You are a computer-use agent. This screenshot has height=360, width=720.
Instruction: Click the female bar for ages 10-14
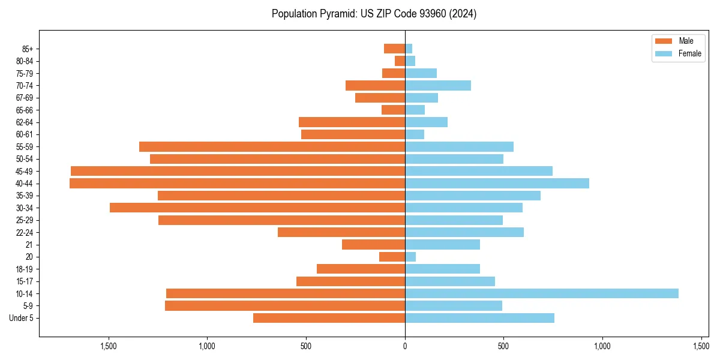tap(542, 293)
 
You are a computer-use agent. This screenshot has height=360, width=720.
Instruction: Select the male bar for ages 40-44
tap(237, 184)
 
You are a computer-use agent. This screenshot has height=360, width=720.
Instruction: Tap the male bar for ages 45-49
tap(238, 171)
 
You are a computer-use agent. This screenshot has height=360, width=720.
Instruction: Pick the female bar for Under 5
tap(479, 318)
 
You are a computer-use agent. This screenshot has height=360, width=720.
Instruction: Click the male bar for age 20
tap(392, 257)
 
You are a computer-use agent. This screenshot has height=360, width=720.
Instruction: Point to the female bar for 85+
tap(409, 49)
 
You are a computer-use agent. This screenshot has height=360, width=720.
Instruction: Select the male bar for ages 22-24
tap(341, 232)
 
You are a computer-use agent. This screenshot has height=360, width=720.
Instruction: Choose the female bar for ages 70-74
tap(438, 85)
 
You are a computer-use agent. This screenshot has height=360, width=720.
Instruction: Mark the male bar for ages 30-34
tap(257, 208)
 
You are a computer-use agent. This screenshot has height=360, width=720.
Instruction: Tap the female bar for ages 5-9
tap(454, 306)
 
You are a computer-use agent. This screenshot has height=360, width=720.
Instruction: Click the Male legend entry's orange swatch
tap(664, 41)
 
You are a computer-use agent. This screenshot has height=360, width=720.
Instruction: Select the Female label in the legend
tap(689, 53)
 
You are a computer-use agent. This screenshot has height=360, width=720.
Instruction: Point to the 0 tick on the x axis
tap(405, 346)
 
